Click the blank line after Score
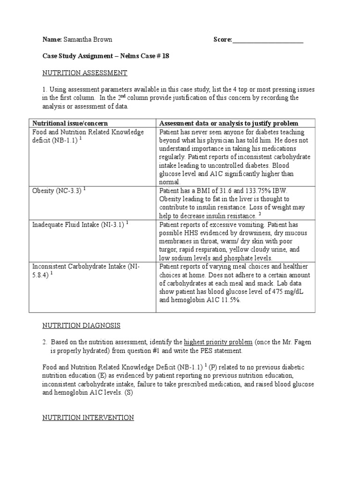268,40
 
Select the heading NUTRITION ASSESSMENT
85,73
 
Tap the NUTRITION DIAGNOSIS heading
82,325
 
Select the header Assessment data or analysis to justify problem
229,123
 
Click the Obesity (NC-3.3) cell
57,191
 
